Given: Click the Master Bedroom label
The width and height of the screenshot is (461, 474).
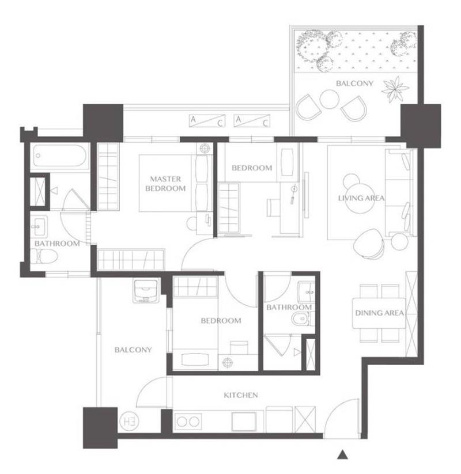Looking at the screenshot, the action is [x=165, y=184].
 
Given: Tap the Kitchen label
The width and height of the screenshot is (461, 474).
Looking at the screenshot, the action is [x=241, y=395].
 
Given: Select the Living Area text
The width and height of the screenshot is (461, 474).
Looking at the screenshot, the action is [x=361, y=198].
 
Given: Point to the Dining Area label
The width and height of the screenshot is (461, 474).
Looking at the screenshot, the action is [x=379, y=313].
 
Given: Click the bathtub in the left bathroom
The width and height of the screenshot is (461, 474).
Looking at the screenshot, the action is [x=60, y=156].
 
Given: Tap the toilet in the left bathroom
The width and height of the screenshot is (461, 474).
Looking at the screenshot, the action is [x=44, y=257].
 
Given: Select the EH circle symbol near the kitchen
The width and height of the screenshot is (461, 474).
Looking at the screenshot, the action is [x=129, y=421].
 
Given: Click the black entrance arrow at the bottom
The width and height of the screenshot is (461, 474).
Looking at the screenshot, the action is [x=342, y=454].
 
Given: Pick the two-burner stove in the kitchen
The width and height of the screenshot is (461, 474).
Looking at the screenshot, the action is [x=188, y=422].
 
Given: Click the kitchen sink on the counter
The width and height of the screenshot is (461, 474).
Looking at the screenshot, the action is [x=244, y=421].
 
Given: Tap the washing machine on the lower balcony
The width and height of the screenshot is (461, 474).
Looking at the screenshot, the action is [x=146, y=291].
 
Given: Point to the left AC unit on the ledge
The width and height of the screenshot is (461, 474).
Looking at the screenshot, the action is [x=207, y=120].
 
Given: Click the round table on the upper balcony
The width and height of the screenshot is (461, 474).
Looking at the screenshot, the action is [x=329, y=100].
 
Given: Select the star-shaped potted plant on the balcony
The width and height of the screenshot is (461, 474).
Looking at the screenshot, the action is [x=395, y=89].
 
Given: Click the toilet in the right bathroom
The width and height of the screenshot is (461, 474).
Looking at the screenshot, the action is [x=301, y=318].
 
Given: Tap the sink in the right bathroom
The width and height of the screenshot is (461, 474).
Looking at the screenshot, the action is [x=307, y=293].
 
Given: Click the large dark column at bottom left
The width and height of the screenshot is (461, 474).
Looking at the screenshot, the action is [x=100, y=428].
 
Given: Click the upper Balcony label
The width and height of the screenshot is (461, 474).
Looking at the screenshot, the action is [x=354, y=83].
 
